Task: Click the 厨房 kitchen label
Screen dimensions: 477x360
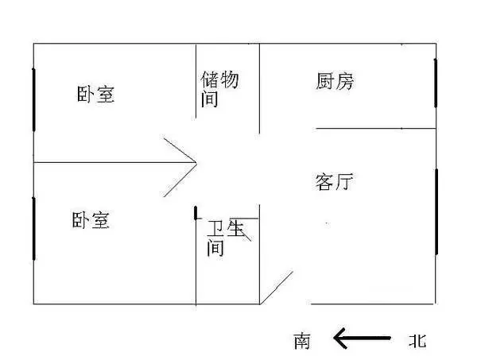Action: (335, 81)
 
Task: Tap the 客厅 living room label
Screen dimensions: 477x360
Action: (334, 181)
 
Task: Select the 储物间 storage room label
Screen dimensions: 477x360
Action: (219, 89)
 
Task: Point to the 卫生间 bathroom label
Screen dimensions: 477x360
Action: (226, 238)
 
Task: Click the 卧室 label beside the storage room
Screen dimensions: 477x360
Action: (95, 95)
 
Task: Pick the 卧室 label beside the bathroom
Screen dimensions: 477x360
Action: (91, 220)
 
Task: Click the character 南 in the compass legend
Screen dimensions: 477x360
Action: (302, 341)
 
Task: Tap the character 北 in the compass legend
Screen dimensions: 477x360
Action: (417, 340)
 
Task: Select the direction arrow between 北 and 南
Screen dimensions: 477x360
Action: (362, 338)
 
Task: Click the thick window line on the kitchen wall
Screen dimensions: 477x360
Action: (436, 83)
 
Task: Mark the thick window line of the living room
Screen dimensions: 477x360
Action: (436, 212)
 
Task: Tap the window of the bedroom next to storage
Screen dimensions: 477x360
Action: (33, 99)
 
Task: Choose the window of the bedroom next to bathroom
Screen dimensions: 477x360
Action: (33, 229)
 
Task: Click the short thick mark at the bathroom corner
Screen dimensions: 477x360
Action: (196, 213)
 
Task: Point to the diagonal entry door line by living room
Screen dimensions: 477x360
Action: (277, 288)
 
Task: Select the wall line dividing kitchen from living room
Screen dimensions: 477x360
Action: (376, 129)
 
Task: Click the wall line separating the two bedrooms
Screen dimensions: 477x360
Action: (114, 163)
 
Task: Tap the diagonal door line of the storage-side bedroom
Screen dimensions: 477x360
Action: (180, 150)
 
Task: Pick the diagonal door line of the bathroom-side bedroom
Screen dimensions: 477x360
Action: (180, 180)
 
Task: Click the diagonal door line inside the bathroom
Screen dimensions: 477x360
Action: (240, 230)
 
